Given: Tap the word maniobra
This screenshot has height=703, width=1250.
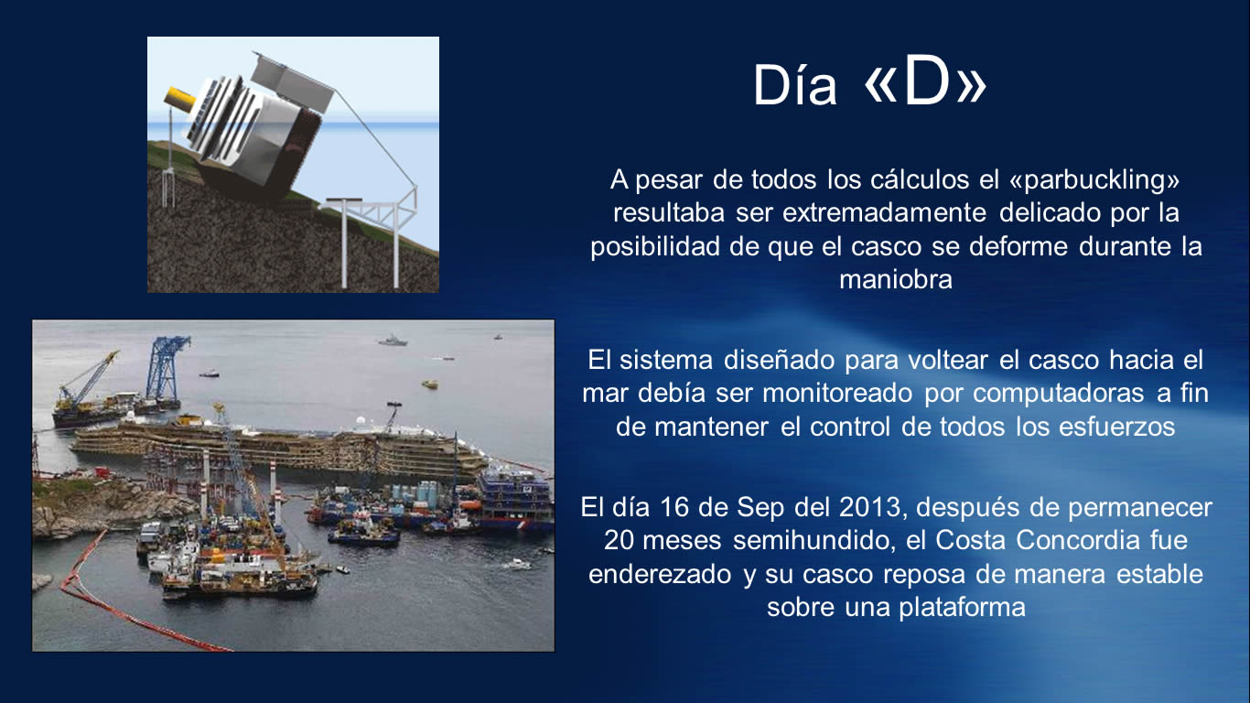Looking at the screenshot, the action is [x=896, y=279].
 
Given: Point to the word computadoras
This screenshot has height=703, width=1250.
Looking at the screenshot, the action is [x=1059, y=393].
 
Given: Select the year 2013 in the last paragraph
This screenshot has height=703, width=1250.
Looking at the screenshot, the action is [x=870, y=507].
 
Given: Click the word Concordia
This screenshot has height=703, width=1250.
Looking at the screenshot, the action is [x=1078, y=540].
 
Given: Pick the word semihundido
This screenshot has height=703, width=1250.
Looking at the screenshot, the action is [x=814, y=540].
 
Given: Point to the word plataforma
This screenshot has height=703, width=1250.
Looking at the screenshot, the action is [x=962, y=608].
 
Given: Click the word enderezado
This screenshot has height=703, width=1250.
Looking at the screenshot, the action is [x=660, y=575].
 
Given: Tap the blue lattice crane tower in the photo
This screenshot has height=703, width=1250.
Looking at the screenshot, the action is [x=166, y=370].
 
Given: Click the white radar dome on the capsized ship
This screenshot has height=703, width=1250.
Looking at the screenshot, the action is [x=361, y=420].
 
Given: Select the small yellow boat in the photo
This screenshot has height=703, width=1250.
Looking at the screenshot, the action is [x=430, y=384].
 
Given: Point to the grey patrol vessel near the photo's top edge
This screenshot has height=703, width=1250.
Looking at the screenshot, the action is [x=393, y=341].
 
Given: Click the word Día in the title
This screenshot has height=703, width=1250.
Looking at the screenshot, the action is [x=795, y=85].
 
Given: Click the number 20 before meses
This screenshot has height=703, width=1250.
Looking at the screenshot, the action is [x=620, y=540].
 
